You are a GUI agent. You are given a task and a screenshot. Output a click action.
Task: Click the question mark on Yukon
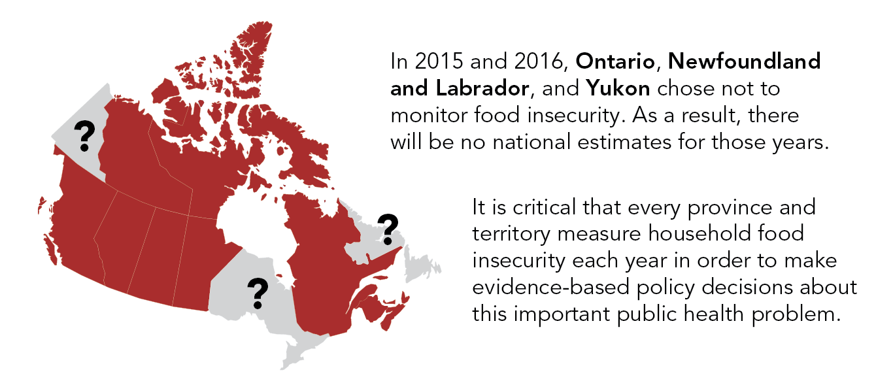pyautogui.click(x=84, y=136)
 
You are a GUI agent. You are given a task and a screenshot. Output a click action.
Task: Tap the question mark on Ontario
pyautogui.click(x=258, y=293)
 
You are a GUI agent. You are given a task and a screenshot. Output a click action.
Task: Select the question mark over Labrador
pyautogui.click(x=388, y=229)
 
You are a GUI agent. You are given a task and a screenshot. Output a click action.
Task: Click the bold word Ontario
pyautogui.click(x=615, y=61)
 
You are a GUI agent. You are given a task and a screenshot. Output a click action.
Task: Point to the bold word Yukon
pyautogui.click(x=618, y=88)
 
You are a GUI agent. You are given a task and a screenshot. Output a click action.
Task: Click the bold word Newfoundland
pyautogui.click(x=744, y=61)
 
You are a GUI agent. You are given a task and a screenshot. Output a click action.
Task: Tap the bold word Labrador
pyautogui.click(x=482, y=88)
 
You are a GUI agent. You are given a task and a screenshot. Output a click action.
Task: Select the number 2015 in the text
pyautogui.click(x=439, y=61)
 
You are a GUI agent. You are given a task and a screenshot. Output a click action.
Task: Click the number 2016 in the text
pyautogui.click(x=539, y=61)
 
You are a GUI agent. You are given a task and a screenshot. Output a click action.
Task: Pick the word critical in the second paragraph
pyautogui.click(x=544, y=207)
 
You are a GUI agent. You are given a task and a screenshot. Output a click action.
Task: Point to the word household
pyautogui.click(x=699, y=234)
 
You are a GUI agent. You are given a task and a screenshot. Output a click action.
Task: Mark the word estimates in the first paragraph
pyautogui.click(x=624, y=142)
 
